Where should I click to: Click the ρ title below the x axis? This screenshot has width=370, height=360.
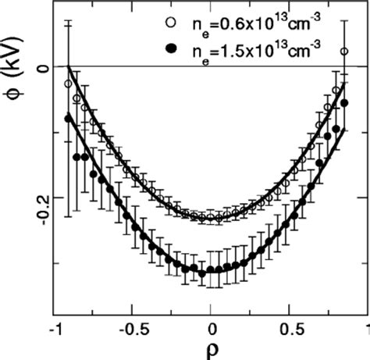(212, 348)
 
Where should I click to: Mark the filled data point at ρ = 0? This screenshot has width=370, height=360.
(211, 271)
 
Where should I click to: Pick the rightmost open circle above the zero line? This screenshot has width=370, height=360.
(344, 52)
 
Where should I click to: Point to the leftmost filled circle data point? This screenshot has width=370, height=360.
(68, 119)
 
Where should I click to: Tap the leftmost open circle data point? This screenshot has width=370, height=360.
(68, 84)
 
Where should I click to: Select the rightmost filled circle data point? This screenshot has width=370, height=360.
(344, 103)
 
